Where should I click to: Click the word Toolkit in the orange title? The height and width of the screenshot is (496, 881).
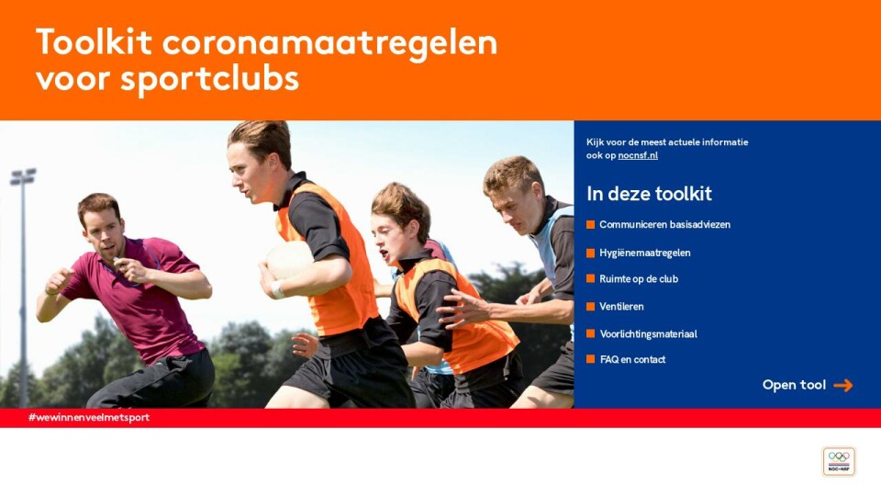94,41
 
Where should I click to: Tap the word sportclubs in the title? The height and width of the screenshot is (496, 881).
209,79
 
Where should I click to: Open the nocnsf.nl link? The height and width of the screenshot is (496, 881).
638,155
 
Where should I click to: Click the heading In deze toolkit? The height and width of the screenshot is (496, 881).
649,194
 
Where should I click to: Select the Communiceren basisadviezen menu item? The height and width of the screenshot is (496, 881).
664,224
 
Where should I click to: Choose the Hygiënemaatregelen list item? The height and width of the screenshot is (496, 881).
645,253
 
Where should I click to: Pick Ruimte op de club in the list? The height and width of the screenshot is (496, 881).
639,279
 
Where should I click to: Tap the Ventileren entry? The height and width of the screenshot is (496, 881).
621,307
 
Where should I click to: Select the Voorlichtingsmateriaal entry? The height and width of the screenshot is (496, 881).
649,334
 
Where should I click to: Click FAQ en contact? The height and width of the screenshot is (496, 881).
632,359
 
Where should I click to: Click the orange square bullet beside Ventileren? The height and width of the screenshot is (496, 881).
590,307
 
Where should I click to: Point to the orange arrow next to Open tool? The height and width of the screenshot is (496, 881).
842,385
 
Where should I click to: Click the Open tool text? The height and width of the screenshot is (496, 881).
794,385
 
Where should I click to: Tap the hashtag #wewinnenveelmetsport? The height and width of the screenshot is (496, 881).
89,417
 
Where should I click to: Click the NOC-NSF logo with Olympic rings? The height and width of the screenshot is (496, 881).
839,462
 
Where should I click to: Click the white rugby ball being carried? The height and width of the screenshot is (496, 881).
289,260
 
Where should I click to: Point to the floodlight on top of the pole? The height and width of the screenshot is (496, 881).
23,176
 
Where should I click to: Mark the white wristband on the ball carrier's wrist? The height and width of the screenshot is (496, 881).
277,289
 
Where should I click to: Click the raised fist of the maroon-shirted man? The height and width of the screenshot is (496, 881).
59,280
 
